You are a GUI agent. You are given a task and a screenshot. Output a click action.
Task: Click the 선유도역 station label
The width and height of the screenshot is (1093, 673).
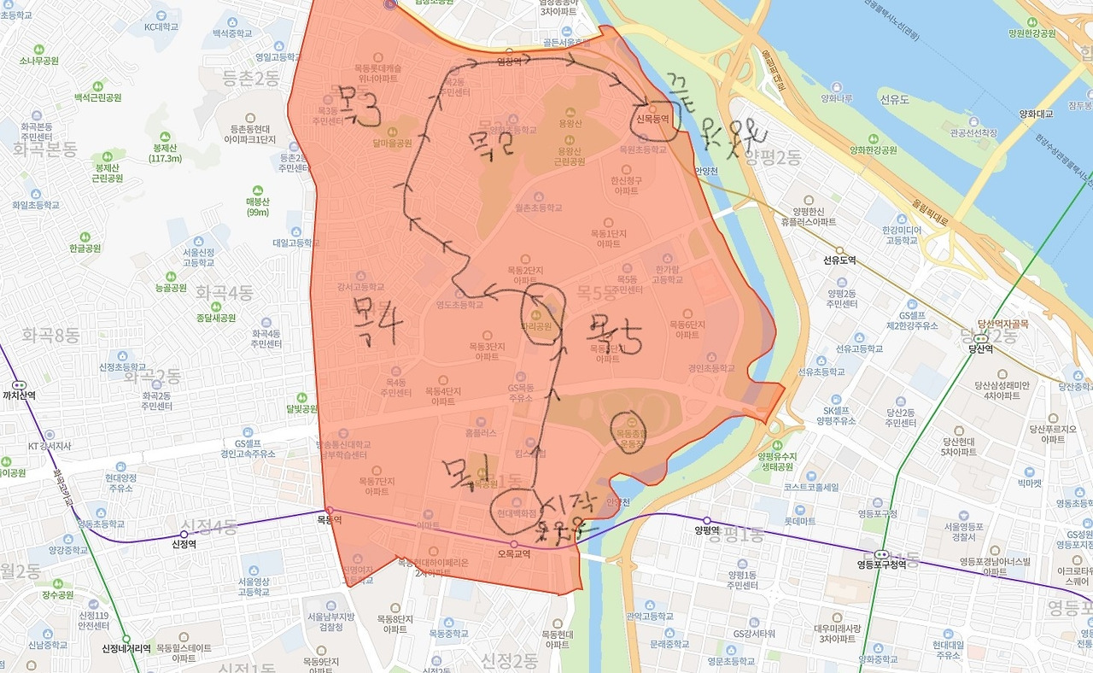(x=839, y=260)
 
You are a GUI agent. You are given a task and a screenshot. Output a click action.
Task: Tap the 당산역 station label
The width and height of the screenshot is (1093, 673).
(x=981, y=348)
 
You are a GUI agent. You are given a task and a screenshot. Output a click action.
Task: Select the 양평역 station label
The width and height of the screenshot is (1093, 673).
(x=709, y=530)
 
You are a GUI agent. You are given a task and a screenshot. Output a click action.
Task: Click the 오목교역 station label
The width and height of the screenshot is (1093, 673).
(x=513, y=553)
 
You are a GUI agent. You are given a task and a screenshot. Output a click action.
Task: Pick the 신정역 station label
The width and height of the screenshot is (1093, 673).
(x=184, y=544)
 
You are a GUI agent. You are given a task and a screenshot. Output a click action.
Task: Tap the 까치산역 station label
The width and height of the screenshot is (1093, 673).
(x=18, y=395)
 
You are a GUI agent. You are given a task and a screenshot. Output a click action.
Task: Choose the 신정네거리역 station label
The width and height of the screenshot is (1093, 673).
(x=126, y=648)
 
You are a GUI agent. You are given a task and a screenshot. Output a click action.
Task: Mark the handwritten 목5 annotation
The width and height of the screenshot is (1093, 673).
(x=613, y=337)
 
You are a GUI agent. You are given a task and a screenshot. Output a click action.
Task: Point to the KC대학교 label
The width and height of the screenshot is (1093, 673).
(x=161, y=26)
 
